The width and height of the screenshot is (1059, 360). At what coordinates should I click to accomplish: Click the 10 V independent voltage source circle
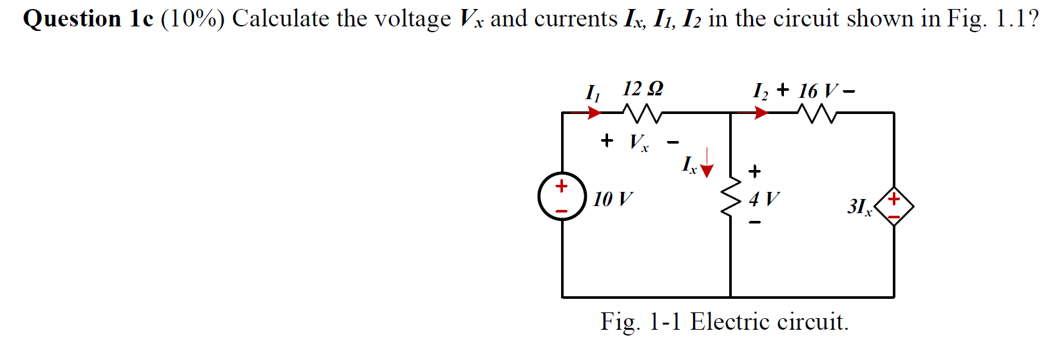pyautogui.click(x=562, y=196)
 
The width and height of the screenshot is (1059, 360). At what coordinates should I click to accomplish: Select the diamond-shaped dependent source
pyautogui.click(x=894, y=206)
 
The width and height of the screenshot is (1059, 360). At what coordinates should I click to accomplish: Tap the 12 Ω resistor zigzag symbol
pyautogui.click(x=642, y=114)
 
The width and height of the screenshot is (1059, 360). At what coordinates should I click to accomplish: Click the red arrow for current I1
pyautogui.click(x=593, y=113)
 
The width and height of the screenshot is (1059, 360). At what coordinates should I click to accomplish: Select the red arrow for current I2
pyautogui.click(x=761, y=113)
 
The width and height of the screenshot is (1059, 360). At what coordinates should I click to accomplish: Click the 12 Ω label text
pyautogui.click(x=642, y=88)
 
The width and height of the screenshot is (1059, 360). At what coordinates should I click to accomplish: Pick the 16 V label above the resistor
pyautogui.click(x=818, y=91)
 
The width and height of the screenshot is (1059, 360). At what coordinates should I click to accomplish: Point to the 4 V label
pyautogui.click(x=764, y=198)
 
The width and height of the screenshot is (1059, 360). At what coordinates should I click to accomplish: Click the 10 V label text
pyautogui.click(x=613, y=199)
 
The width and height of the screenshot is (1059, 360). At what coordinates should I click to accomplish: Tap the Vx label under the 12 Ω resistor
pyautogui.click(x=639, y=142)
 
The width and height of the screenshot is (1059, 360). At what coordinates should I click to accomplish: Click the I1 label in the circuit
pyautogui.click(x=592, y=93)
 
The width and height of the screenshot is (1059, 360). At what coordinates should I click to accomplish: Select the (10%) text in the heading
pyautogui.click(x=193, y=19)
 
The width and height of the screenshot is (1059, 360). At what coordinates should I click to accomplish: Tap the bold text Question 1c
pyautogui.click(x=88, y=19)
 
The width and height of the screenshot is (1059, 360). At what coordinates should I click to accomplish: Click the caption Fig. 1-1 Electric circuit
pyautogui.click(x=725, y=321)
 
